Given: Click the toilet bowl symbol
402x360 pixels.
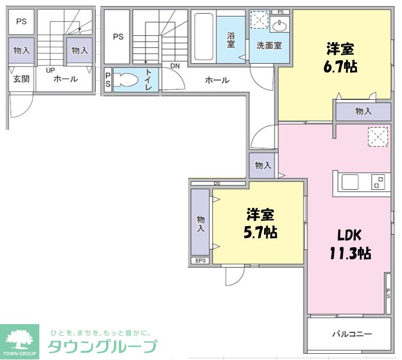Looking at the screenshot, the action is click(x=125, y=80).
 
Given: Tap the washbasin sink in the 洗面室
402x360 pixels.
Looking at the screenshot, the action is click(x=279, y=26).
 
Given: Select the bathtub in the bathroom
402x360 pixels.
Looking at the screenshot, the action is click(x=204, y=36).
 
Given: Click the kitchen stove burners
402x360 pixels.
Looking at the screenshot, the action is click(x=378, y=182).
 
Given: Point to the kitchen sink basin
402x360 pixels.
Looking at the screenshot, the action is click(x=350, y=182).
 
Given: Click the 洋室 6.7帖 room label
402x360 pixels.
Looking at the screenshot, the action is click(x=340, y=58).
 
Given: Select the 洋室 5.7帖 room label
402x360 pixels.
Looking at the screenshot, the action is click(x=260, y=223).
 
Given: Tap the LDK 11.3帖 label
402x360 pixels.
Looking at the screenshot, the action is click(x=350, y=244).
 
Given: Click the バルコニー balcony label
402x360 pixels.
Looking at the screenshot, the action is click(x=352, y=334).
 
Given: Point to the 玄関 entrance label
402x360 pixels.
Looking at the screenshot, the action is click(x=21, y=79).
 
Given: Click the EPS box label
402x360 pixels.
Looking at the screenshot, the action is click(x=201, y=261).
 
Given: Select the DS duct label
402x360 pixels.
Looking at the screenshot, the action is click(x=217, y=183).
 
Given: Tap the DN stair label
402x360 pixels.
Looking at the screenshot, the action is click(x=175, y=66).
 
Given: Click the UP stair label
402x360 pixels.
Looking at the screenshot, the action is click(x=50, y=70).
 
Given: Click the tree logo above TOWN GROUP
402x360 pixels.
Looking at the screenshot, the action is click(x=19, y=339).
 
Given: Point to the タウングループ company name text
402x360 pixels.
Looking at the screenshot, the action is click(x=102, y=346).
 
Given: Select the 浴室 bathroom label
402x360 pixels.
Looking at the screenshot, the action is click(x=231, y=40).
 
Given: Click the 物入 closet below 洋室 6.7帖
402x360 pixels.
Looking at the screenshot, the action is click(x=363, y=111).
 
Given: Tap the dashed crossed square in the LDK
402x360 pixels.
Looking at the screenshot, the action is click(x=378, y=137).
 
